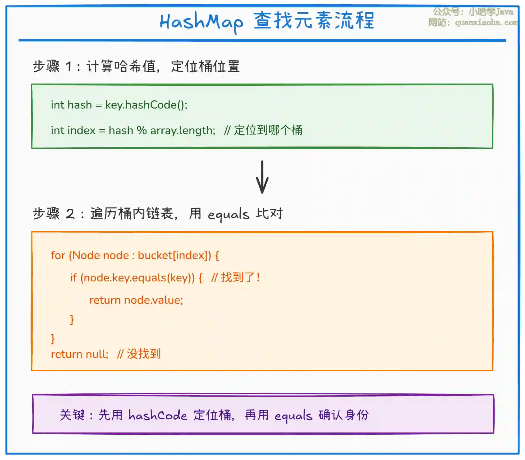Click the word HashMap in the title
click(201, 22)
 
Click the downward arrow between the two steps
click(262, 177)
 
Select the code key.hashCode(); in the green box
click(146, 105)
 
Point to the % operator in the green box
click(141, 131)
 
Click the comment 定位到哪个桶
click(268, 130)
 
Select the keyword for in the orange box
click(58, 255)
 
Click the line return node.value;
click(136, 300)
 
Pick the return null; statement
click(80, 354)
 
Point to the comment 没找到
click(143, 354)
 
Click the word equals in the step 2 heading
click(228, 214)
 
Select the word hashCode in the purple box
click(157, 415)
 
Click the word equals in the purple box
click(293, 416)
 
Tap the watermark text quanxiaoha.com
click(486, 22)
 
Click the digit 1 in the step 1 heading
click(69, 67)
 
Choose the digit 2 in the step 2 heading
click(70, 214)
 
